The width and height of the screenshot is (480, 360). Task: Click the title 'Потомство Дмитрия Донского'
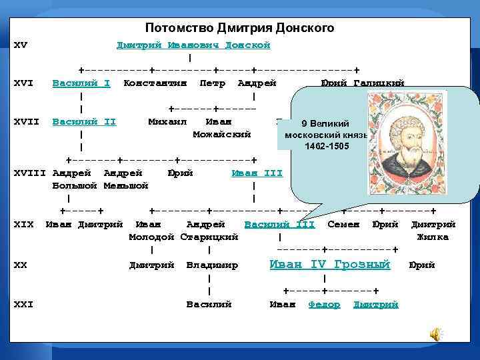[x=239, y=28]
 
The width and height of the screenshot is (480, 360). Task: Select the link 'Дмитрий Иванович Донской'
[x=193, y=45]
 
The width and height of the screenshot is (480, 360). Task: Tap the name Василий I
[x=81, y=83]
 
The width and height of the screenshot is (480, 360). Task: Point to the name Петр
[x=212, y=83]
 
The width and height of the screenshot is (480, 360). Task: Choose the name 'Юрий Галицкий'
[x=363, y=83]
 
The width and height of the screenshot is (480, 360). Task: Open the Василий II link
[x=84, y=121]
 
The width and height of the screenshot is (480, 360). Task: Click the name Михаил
[x=167, y=121]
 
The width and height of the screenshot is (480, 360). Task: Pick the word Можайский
[x=221, y=134]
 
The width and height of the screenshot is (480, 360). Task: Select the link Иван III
[x=257, y=173]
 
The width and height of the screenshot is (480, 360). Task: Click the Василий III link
[x=280, y=224]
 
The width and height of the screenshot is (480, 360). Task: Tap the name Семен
[x=343, y=224]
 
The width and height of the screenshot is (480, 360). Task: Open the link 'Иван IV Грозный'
[x=329, y=265]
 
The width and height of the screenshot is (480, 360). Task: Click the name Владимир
[x=212, y=265]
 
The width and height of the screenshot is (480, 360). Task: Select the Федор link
[x=325, y=304]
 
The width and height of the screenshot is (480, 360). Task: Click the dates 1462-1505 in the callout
[x=327, y=146]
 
